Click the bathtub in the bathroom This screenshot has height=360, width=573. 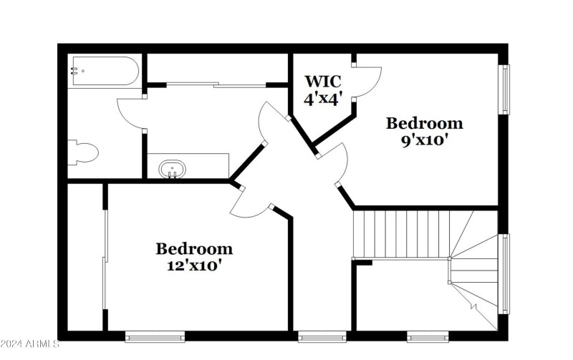click(104, 71)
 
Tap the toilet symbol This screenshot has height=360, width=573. click(83, 152)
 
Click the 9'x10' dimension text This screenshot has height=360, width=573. click(424, 140)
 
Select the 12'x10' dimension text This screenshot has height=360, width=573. click(194, 265)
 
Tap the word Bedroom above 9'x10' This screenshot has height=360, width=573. click(424, 123)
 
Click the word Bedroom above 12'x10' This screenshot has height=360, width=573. click(194, 249)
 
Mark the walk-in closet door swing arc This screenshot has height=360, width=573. click(369, 81)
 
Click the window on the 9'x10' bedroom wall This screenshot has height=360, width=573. click(504, 90)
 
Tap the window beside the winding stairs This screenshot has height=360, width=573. click(504, 273)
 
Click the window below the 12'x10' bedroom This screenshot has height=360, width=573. click(155, 335)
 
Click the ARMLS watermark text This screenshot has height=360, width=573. click(30, 345)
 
